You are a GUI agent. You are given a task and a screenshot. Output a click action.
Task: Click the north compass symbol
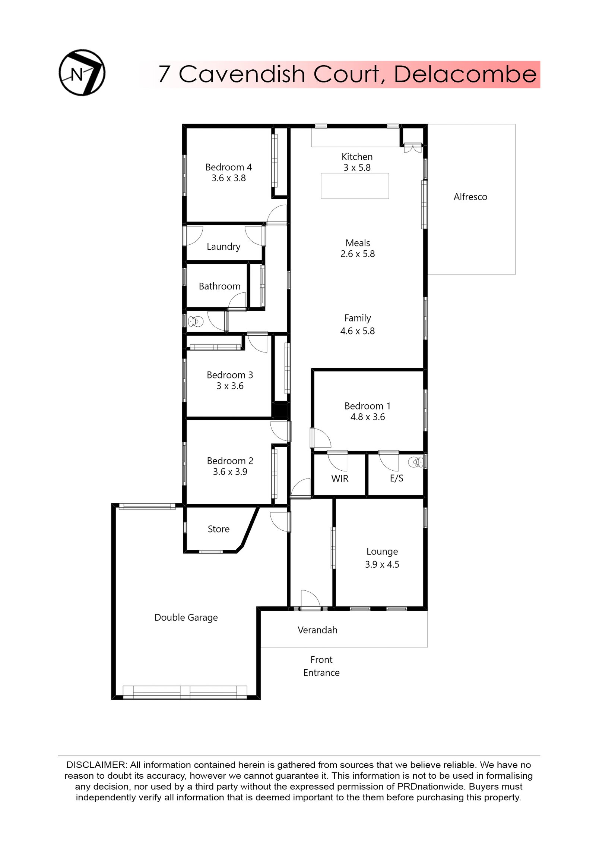(x=82, y=72)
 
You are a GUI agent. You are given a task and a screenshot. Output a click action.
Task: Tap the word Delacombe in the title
(x=465, y=74)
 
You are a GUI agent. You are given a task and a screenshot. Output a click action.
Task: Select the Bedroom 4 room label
(x=228, y=167)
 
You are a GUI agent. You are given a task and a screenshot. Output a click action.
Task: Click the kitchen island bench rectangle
(x=355, y=186)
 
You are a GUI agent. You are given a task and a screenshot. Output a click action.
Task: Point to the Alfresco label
(x=470, y=197)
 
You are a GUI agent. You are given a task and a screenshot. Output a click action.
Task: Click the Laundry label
(x=223, y=247)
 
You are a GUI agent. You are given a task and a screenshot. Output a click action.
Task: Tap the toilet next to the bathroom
(x=195, y=321)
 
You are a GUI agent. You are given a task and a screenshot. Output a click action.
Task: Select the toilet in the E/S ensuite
(x=416, y=462)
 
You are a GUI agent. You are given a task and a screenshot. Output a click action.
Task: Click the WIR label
(x=340, y=479)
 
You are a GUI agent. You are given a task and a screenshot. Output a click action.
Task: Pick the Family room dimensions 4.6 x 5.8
(x=357, y=331)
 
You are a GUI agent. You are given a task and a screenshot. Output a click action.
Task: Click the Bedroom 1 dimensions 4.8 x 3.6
(x=367, y=417)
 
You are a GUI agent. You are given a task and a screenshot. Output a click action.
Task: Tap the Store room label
(x=218, y=529)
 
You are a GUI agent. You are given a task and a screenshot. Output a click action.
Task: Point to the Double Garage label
(x=186, y=617)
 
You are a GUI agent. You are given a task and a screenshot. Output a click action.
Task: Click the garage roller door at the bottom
(x=185, y=692)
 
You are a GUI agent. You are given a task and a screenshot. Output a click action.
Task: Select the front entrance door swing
(x=310, y=600)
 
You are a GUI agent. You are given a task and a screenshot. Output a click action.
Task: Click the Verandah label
(x=317, y=630)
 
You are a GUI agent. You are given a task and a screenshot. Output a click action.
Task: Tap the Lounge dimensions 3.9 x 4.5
(x=382, y=564)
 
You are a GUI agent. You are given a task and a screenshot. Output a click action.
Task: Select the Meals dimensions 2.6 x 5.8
(x=357, y=254)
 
